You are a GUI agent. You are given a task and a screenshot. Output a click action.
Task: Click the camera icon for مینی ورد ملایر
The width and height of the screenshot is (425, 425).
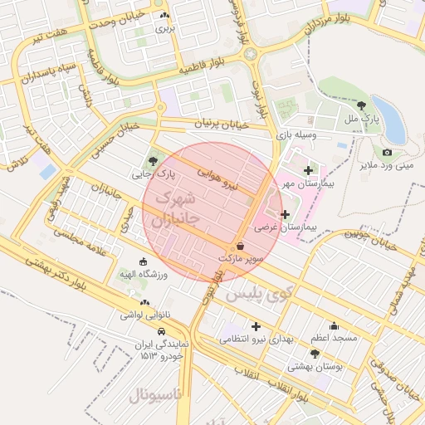coord(387,152)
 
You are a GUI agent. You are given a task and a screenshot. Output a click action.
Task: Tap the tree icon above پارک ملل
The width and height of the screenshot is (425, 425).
coord(362,105)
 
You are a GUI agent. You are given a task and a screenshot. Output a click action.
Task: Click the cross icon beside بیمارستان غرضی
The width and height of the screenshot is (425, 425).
coord(286,214)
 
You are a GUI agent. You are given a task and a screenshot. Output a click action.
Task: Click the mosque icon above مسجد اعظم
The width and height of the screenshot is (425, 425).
coord(335,325)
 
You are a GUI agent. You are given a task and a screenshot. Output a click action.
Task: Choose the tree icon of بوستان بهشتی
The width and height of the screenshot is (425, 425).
coord(315,353)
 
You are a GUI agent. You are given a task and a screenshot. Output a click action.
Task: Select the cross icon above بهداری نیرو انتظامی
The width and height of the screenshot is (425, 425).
coord(256,326)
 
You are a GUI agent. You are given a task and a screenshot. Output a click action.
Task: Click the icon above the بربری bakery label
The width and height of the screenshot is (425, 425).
coord(164,16)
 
